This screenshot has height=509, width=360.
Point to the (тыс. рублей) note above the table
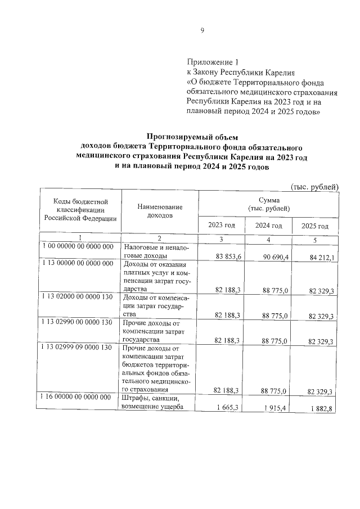coord(314,186)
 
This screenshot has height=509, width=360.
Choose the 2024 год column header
coord(268,226)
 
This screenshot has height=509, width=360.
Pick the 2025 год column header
coord(315,226)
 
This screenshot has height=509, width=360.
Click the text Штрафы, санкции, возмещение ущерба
coord(152,403)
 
